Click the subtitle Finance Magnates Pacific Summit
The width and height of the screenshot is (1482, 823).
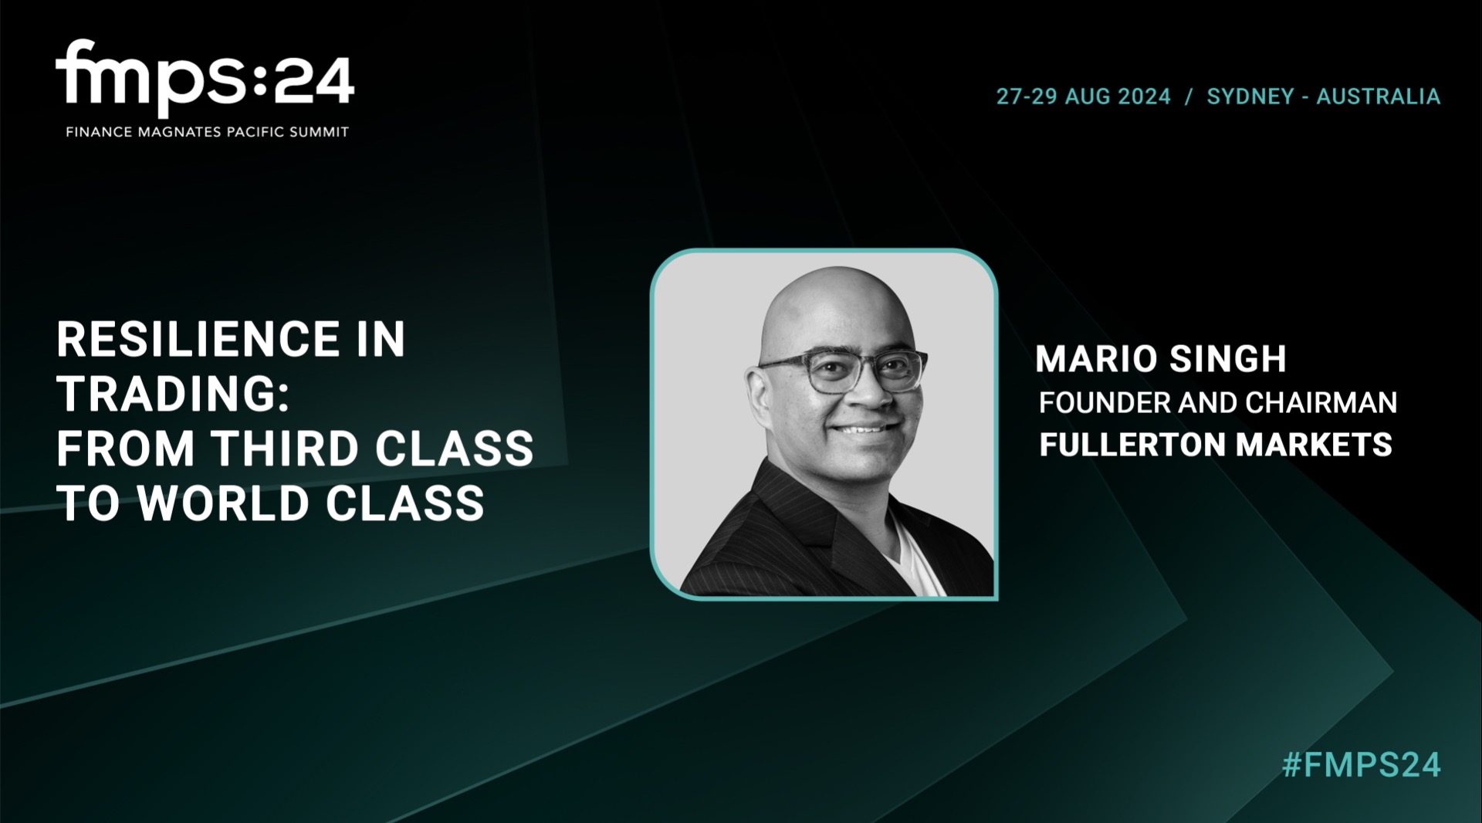pyautogui.click(x=208, y=132)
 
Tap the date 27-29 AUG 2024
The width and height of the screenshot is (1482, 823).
pyautogui.click(x=1084, y=97)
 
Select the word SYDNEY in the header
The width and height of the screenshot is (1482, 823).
pyautogui.click(x=1250, y=97)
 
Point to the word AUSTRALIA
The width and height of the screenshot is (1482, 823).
pyautogui.click(x=1379, y=97)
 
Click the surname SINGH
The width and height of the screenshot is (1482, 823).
pyautogui.click(x=1228, y=359)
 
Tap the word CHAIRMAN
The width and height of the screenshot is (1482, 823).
pyautogui.click(x=1321, y=402)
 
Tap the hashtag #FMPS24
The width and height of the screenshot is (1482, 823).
pyautogui.click(x=1362, y=764)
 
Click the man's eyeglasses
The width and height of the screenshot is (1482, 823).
pyautogui.click(x=843, y=370)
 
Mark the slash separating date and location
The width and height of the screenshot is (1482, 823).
pyautogui.click(x=1189, y=97)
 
